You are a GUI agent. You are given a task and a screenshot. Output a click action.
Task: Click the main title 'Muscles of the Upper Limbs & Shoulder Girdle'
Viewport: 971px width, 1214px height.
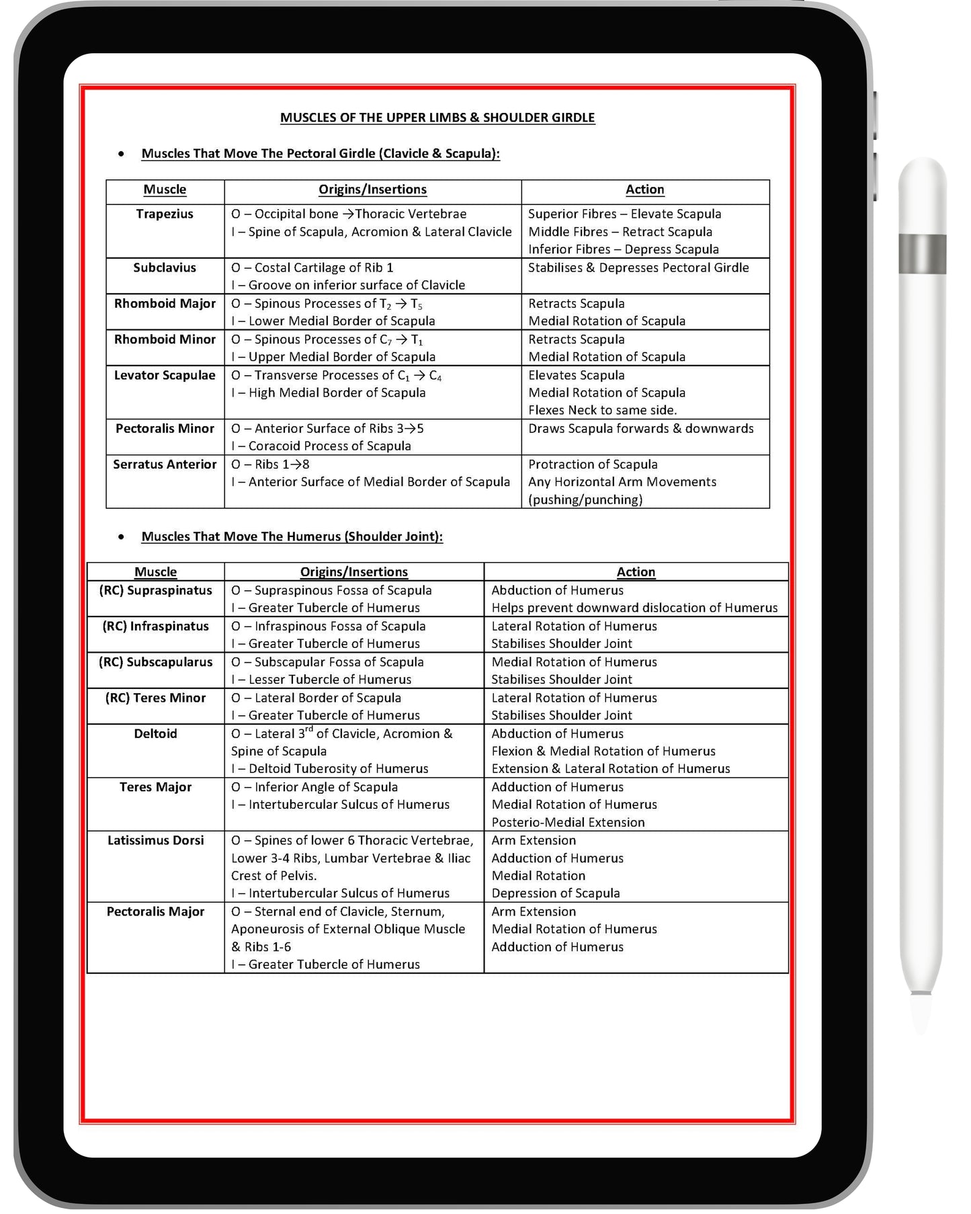pyautogui.click(x=437, y=118)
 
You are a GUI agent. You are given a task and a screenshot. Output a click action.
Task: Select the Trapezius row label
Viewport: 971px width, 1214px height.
pyautogui.click(x=165, y=214)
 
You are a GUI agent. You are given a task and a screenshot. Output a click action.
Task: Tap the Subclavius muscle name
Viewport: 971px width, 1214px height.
pyautogui.click(x=165, y=268)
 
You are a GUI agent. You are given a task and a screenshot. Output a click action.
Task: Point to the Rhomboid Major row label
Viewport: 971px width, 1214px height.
pyautogui.click(x=165, y=303)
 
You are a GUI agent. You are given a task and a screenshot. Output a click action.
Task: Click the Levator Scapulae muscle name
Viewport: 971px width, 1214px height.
pyautogui.click(x=165, y=375)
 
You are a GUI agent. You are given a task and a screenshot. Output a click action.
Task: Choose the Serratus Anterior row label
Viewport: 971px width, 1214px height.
pyautogui.click(x=165, y=464)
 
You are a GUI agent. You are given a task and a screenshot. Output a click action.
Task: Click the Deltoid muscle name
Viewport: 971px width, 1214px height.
pyautogui.click(x=155, y=733)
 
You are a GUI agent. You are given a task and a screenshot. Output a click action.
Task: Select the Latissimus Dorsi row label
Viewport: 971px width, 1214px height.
pyautogui.click(x=155, y=840)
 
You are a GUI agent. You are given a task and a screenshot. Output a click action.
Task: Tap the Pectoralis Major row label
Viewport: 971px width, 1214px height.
pyautogui.click(x=155, y=912)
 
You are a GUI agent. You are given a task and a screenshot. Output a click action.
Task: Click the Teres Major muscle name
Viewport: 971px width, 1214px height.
pyautogui.click(x=155, y=787)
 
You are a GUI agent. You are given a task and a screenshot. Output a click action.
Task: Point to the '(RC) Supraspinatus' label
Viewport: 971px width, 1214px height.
pyautogui.click(x=155, y=590)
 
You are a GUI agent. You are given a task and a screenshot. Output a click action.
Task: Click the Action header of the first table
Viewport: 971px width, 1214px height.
pyautogui.click(x=644, y=190)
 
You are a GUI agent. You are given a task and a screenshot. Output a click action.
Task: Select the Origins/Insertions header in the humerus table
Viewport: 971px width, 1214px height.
pyautogui.click(x=353, y=572)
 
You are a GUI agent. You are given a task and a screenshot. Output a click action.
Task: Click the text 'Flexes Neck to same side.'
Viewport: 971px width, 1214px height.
pyautogui.click(x=602, y=410)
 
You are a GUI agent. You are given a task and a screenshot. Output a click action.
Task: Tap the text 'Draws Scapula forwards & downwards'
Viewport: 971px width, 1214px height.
pyautogui.click(x=640, y=429)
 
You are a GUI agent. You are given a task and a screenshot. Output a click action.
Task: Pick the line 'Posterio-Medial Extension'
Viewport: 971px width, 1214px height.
pyautogui.click(x=568, y=822)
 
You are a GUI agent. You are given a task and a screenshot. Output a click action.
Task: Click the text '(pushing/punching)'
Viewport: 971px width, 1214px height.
pyautogui.click(x=585, y=499)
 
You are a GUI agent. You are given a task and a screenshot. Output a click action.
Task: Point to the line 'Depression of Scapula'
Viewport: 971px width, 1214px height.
pyautogui.click(x=555, y=893)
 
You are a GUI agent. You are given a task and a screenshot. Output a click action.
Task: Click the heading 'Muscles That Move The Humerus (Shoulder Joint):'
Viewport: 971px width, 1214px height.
pyautogui.click(x=292, y=536)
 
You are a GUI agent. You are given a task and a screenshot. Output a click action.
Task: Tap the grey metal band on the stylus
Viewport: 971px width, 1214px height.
pyautogui.click(x=922, y=254)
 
